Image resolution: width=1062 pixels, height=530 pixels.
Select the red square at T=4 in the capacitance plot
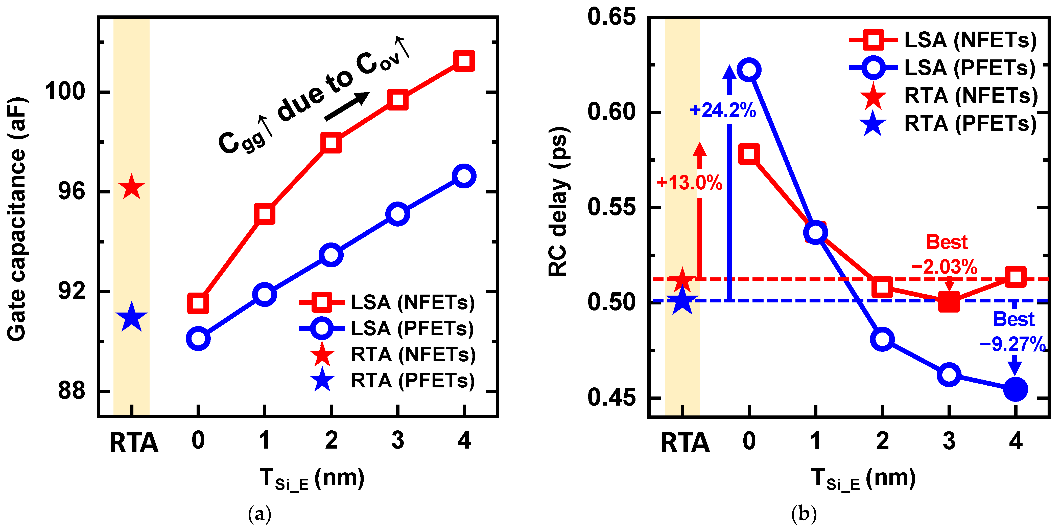click(x=464, y=61)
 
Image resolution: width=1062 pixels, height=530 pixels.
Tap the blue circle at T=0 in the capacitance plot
click(x=198, y=339)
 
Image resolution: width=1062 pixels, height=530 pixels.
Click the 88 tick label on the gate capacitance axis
click(x=71, y=390)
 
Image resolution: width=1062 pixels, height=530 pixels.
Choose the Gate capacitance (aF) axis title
click(x=17, y=218)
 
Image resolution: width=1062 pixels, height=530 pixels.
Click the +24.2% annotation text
click(x=723, y=110)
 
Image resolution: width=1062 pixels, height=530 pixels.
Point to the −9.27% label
click(x=1012, y=344)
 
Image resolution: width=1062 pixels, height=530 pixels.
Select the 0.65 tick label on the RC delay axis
click(x=612, y=17)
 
